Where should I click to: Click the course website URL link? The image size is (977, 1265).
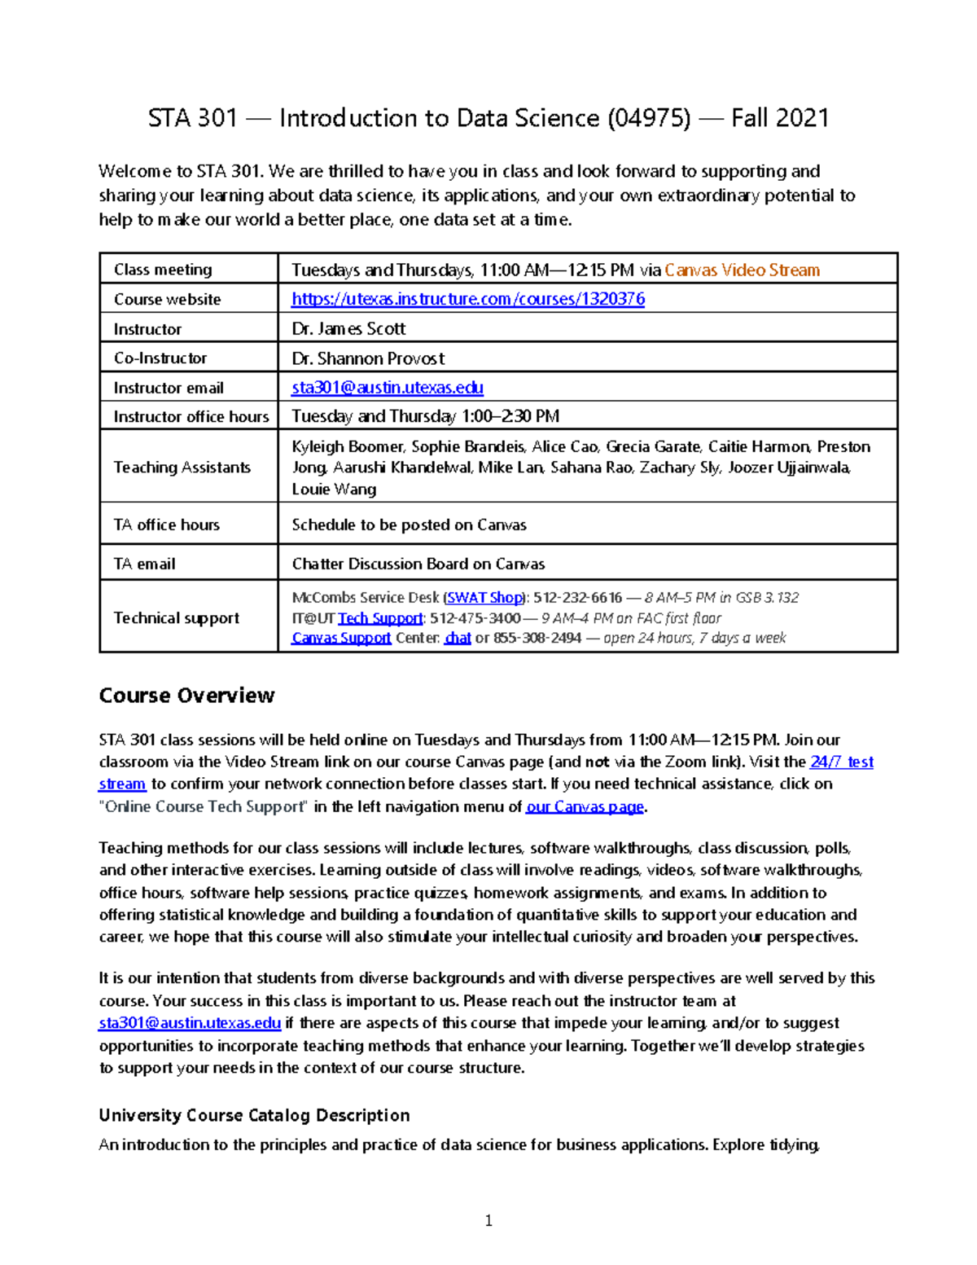[x=468, y=299]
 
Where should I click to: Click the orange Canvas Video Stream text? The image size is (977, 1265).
[x=742, y=270]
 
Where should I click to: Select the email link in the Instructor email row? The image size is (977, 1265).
[x=388, y=388]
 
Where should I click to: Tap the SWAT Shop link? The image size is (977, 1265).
[x=484, y=597]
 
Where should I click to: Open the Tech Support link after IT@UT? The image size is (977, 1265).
[x=380, y=618]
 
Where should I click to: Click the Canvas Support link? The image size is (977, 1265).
[x=341, y=638]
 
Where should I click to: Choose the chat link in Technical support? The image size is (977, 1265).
[x=458, y=638]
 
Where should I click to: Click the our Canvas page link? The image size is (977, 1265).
[x=585, y=807]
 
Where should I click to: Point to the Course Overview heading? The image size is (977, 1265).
[x=186, y=696]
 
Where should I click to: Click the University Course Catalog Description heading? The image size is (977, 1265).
[x=254, y=1115]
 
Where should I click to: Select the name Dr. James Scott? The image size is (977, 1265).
[x=348, y=328]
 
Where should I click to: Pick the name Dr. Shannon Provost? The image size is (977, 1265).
[x=368, y=358]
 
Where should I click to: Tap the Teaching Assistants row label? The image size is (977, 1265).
[x=182, y=467]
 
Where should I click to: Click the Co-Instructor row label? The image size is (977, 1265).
[x=160, y=358]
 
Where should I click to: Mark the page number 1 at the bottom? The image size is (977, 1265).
[x=488, y=1220]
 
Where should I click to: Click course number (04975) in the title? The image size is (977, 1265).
[x=648, y=118]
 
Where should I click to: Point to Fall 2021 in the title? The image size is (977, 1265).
[x=779, y=118]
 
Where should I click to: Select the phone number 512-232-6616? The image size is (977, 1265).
[x=577, y=597]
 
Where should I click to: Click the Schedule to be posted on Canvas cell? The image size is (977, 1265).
[x=409, y=525]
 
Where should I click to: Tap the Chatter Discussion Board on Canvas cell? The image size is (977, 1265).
[x=418, y=564]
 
